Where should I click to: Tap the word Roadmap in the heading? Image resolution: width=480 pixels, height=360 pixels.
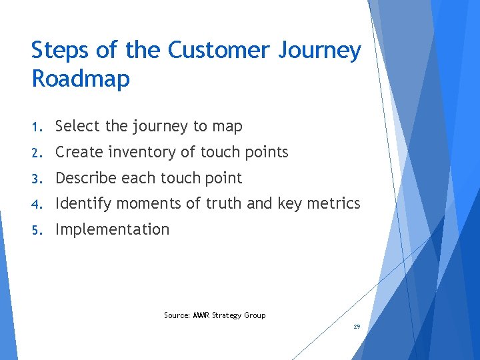click(80, 79)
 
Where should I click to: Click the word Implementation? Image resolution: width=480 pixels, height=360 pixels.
click(112, 230)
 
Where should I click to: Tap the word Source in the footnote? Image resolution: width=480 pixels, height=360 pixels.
click(177, 315)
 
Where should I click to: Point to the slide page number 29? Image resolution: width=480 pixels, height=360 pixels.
click(357, 327)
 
